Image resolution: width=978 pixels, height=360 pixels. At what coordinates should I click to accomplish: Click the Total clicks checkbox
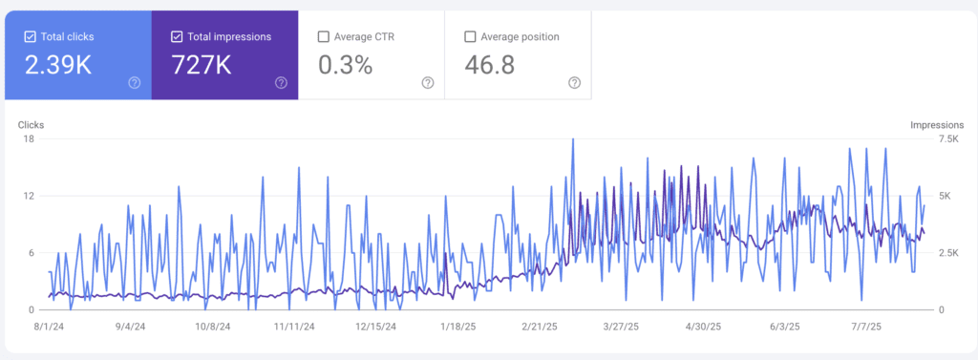point(29,37)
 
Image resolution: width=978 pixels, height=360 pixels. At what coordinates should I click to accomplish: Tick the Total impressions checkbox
point(176,37)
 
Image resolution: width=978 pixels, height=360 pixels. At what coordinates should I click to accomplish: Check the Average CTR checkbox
point(324,37)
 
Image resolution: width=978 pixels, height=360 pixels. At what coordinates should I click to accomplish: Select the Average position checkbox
point(470,37)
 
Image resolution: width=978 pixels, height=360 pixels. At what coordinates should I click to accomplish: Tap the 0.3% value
point(345,65)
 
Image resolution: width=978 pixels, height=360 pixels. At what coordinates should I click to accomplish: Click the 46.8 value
point(491,65)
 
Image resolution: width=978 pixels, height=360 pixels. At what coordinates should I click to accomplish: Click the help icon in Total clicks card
point(134,83)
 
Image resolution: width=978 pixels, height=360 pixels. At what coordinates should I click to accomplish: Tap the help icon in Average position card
point(574,83)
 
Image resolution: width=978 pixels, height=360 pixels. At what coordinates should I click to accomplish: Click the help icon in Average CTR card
point(427,83)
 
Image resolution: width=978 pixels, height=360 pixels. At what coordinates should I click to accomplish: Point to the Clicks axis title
point(31,125)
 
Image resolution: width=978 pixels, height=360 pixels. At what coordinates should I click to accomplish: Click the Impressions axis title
point(937,125)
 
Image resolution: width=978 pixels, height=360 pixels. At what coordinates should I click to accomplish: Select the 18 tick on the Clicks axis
point(29,139)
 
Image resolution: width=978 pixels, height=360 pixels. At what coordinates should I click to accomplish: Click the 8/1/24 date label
point(48,326)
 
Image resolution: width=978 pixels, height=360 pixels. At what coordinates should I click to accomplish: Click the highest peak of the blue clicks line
point(573,139)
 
